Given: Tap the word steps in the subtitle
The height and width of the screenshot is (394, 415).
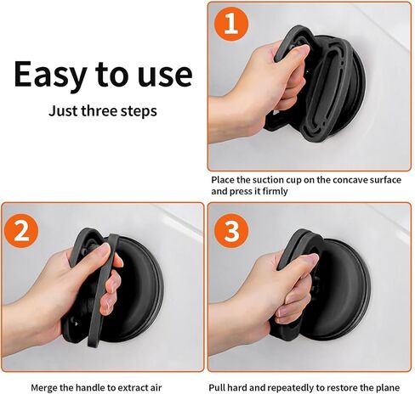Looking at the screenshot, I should pyautogui.click(x=139, y=110).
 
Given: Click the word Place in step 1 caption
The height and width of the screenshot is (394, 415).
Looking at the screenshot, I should pyautogui.click(x=225, y=180).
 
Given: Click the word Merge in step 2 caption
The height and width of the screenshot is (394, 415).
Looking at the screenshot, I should pyautogui.click(x=46, y=386).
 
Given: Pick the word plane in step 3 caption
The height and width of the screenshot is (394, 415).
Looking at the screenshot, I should pyautogui.click(x=392, y=386).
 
